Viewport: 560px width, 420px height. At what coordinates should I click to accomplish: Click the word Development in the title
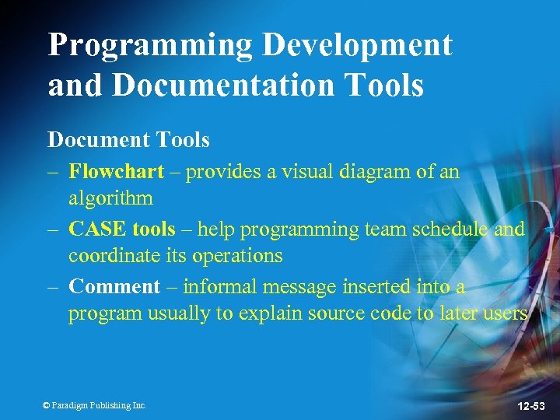[x=357, y=45]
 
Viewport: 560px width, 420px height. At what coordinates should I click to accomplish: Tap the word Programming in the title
[x=151, y=45]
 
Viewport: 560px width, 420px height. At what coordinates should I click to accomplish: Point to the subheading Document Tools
[x=128, y=140]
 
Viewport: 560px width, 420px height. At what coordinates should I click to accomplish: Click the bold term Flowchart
[x=117, y=171]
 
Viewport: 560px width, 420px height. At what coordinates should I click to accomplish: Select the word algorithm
[x=110, y=198]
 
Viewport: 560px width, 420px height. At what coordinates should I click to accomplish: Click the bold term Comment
[x=114, y=286]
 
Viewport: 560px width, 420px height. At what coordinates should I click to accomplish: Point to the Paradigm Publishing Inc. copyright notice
[x=94, y=405]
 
